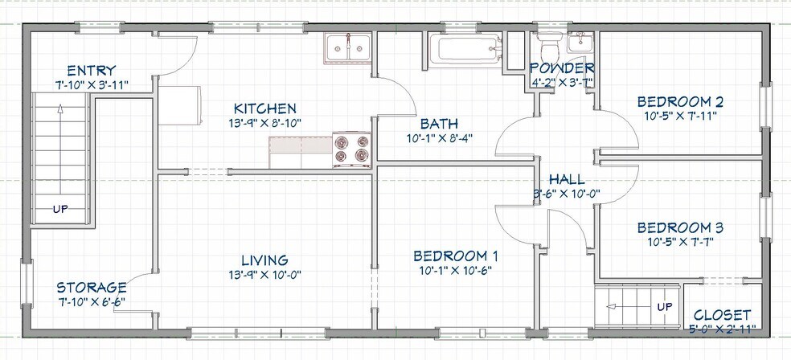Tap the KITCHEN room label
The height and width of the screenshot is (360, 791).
coord(265,108)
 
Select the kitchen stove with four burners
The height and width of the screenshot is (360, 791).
coord(352,149)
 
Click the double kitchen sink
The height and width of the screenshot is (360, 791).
coord(347,47)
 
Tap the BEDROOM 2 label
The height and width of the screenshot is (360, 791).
coord(680,102)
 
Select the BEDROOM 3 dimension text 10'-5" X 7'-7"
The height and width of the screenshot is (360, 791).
coord(680,241)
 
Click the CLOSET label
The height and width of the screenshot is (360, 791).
coord(722,314)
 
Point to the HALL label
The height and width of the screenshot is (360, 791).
coord(567,179)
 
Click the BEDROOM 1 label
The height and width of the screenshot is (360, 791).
coord(456,256)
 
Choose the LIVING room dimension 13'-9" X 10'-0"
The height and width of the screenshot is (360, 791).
coord(265,274)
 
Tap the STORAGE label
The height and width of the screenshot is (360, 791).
coord(91,287)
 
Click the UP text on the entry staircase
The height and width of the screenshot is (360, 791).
coord(61,210)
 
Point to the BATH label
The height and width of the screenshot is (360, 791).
coord(439,124)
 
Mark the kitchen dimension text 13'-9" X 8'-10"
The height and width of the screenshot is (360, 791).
coord(265,123)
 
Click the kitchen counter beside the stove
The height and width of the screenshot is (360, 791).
coord(301,146)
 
